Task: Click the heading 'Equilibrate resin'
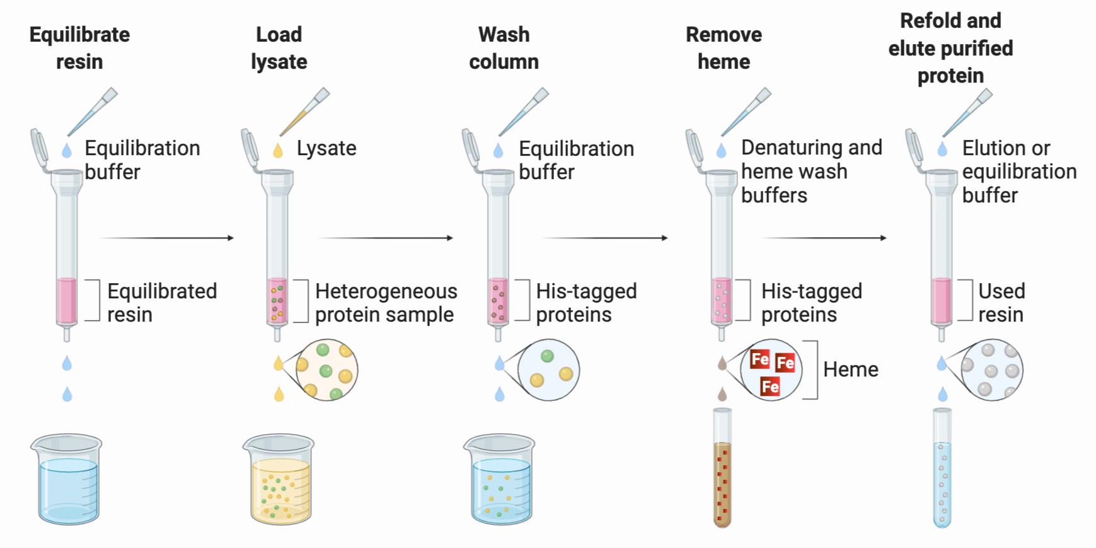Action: point(79,48)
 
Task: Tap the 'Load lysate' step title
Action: point(279,48)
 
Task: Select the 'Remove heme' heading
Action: point(724,48)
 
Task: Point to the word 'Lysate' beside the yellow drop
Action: point(326,148)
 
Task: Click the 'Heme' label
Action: point(850,370)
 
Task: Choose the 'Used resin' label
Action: point(1001,303)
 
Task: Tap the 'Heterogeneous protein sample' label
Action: point(386,303)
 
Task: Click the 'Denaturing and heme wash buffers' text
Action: point(811,172)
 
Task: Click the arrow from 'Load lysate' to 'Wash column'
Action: point(386,238)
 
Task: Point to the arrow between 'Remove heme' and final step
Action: point(824,238)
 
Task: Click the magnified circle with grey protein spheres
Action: point(992,370)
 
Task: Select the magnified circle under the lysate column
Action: point(326,370)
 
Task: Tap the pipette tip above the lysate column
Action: point(305,113)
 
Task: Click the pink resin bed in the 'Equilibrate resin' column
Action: point(67,300)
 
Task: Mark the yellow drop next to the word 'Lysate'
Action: point(278,151)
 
